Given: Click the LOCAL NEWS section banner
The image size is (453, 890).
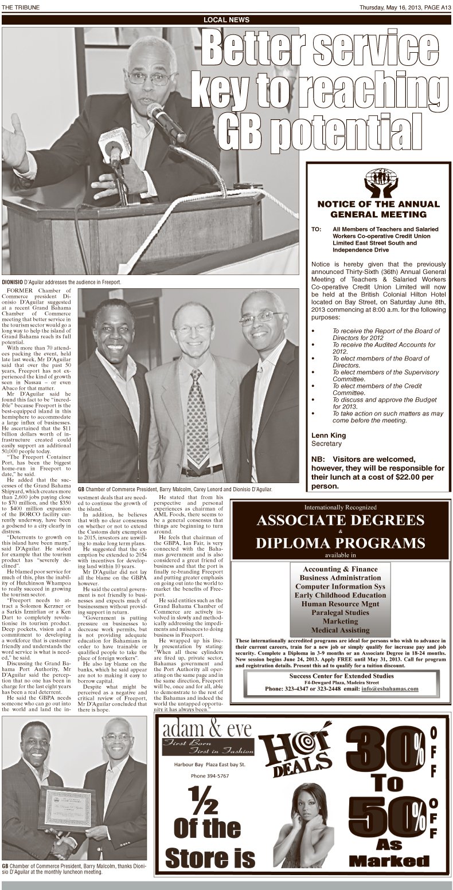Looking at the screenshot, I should point(226,20).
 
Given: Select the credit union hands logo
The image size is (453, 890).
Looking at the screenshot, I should point(378,182).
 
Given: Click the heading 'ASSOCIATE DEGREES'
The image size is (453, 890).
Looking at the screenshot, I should point(341,520).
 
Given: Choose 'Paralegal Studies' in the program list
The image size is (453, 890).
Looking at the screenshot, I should point(341,612).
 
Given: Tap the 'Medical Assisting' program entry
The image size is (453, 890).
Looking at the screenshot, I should point(341,630).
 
